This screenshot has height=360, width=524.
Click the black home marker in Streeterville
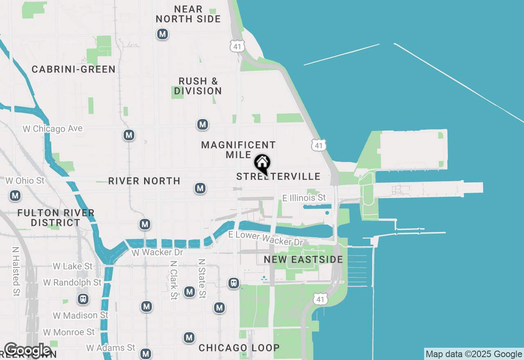point(262,164)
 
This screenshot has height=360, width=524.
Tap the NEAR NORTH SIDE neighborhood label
point(188,14)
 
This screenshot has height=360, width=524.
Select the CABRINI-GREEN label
point(74,69)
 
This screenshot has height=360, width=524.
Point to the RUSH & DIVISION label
point(198,86)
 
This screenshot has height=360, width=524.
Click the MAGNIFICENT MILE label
point(238,150)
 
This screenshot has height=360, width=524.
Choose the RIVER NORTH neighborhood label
point(144,181)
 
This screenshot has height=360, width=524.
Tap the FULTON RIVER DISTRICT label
point(56,218)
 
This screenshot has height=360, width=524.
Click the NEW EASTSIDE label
point(303,259)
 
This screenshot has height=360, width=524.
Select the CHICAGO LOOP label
point(239,348)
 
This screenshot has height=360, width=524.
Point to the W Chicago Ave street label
point(52,129)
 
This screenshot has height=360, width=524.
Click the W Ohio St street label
point(25,180)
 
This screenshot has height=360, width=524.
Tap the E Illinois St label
point(304,198)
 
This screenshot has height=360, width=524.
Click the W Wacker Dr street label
point(157,252)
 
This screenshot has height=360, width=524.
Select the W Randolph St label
point(72,283)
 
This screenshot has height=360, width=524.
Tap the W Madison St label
point(81,315)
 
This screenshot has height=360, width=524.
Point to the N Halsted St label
point(16,271)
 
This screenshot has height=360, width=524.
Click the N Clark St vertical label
point(174,280)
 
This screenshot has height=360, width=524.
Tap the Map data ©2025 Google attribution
point(474,354)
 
